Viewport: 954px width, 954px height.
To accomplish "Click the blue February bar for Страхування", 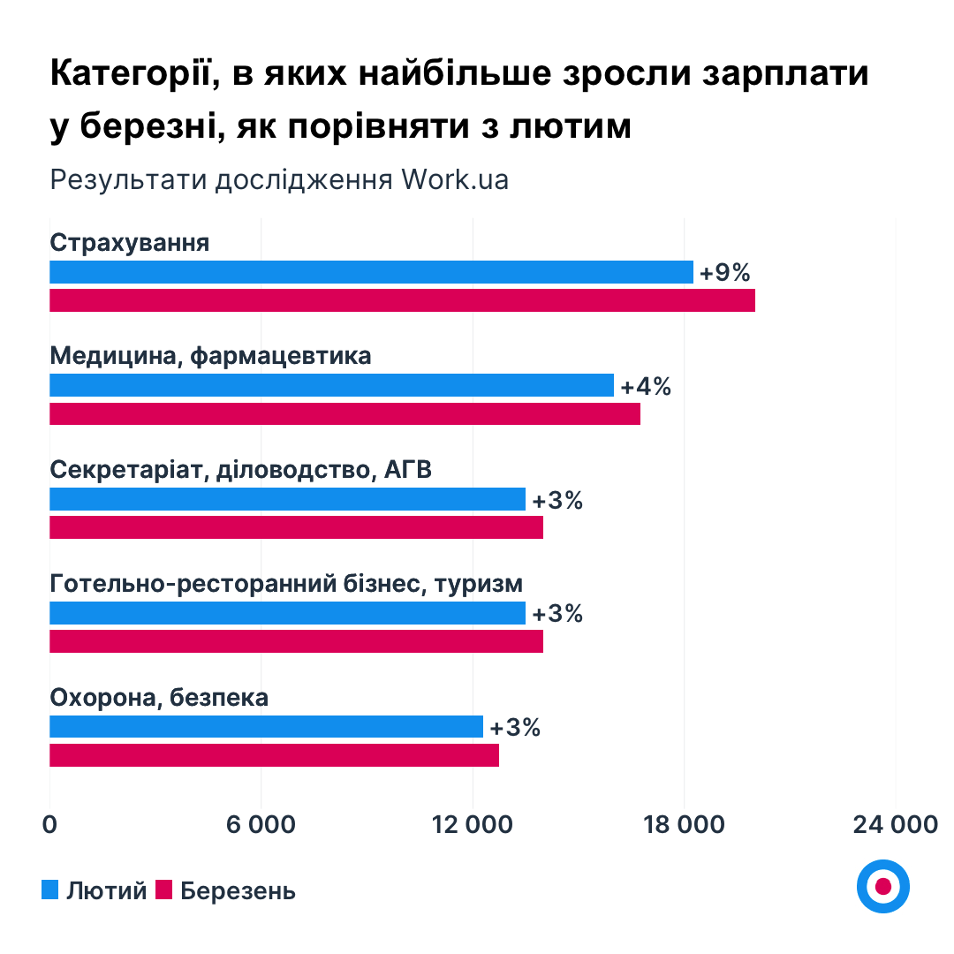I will (x=371, y=272).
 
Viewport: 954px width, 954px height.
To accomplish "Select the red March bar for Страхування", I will (x=402, y=300).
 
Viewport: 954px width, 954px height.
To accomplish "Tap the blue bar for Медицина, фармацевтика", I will (x=331, y=385).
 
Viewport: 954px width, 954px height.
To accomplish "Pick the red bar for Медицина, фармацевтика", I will (x=344, y=413).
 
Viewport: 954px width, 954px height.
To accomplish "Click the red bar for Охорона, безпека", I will (x=274, y=755).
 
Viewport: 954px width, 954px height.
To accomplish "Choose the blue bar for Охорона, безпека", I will (x=266, y=726).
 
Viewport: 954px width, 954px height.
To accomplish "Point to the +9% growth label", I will (x=724, y=273).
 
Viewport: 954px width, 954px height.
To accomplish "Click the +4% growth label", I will (x=646, y=386).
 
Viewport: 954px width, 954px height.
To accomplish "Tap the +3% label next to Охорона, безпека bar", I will (x=514, y=728).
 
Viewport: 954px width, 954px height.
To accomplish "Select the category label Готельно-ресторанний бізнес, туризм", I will (x=286, y=584).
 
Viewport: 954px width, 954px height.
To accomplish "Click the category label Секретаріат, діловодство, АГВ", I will (x=241, y=470).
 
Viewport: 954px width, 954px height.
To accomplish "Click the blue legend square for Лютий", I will (x=50, y=890).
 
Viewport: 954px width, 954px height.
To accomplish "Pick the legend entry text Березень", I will (x=238, y=890).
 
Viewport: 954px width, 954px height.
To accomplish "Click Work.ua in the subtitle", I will (x=455, y=179).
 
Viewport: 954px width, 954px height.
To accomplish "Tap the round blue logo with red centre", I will (x=882, y=885).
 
